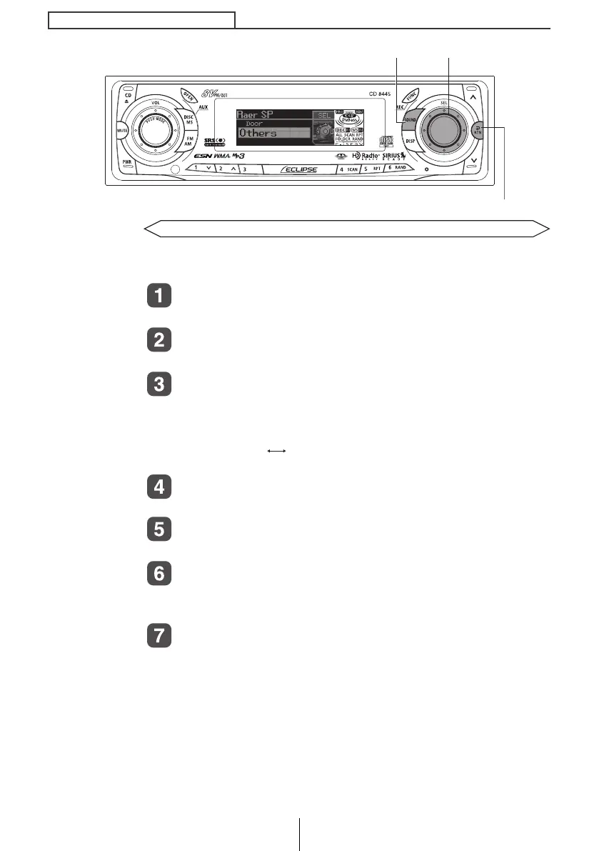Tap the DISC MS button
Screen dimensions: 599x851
[x=189, y=119]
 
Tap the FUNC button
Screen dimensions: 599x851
[x=412, y=96]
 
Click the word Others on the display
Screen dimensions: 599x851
[x=258, y=133]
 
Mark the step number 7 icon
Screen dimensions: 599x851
[x=159, y=637]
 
